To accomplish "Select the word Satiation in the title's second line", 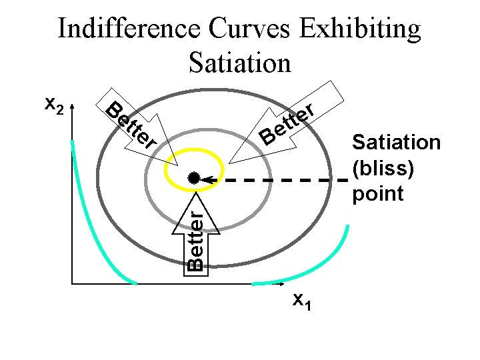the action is click(x=240, y=63).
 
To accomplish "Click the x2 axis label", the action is click(x=54, y=105).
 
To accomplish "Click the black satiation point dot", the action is click(x=193, y=178).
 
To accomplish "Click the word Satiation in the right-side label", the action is click(x=396, y=143).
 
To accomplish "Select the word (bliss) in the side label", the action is click(x=383, y=168).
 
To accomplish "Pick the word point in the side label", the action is click(x=378, y=193).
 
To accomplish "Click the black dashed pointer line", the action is click(x=280, y=179).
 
